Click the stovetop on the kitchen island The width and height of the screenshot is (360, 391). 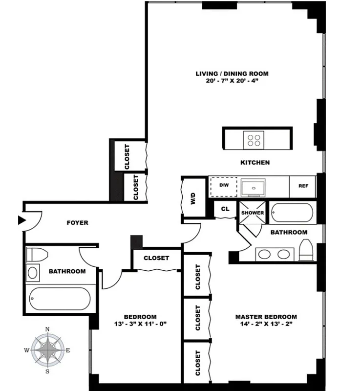click(254, 140)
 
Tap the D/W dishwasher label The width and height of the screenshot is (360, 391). click(224, 185)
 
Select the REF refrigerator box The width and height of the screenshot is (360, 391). click(303, 186)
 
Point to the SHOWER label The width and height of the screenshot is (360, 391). click(252, 213)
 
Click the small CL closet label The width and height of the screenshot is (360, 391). click(225, 209)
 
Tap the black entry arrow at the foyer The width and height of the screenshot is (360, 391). click(21, 220)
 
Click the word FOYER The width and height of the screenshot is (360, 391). click(77, 223)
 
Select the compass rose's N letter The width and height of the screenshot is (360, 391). click(47, 329)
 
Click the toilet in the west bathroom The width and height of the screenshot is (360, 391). click(37, 254)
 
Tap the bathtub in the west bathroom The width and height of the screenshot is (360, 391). click(59, 298)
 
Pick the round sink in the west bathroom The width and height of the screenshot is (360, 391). click(33, 272)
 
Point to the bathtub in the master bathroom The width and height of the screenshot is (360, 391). click(292, 213)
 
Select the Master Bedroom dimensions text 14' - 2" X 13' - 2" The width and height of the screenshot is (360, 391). click(266, 324)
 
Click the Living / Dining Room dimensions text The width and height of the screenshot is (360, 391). click(232, 81)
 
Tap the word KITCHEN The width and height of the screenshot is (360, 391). click(255, 162)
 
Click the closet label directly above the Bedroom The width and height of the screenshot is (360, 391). click(156, 258)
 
